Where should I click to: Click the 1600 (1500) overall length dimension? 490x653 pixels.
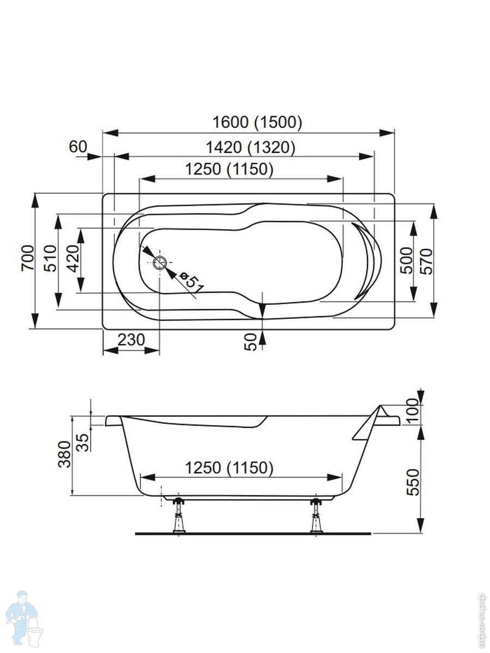pos(256,122)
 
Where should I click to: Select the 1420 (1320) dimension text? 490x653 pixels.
pos(251,147)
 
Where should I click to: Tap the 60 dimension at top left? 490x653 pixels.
pos(78,146)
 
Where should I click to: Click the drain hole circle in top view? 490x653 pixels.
pos(160,263)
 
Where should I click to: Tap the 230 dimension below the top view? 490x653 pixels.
pos(131,340)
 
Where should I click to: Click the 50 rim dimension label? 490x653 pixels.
pos(250,342)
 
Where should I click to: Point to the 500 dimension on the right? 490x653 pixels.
pos(406,261)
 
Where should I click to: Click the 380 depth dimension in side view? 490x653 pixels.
pos(64,454)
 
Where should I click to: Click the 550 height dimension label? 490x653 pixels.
pos(414,481)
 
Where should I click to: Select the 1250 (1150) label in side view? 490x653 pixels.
pos(229,467)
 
